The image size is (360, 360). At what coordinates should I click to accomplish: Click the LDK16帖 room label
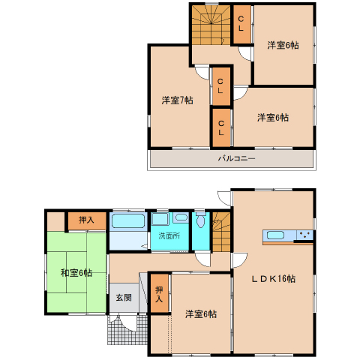coord(273,278)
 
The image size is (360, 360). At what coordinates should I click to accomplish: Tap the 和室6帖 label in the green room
coord(76,272)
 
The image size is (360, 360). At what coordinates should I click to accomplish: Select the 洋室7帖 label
coord(177,100)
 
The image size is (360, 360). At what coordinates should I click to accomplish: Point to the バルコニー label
coord(236,158)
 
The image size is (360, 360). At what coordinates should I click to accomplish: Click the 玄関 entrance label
coord(124,298)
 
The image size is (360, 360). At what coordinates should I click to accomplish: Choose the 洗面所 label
coord(169,235)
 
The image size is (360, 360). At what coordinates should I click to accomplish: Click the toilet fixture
coord(200,220)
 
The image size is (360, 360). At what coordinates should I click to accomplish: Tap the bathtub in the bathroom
coord(128,220)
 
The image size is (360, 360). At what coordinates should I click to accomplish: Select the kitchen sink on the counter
coord(275,235)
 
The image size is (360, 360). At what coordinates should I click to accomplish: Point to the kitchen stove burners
coord(304,235)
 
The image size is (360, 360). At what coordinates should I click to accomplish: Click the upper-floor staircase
coord(211,25)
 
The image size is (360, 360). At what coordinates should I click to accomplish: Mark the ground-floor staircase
coord(221,232)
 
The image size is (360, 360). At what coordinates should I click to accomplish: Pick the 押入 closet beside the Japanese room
coord(86,220)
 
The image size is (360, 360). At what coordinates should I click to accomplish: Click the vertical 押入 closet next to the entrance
coord(159,293)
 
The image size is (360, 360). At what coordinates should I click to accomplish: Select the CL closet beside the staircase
coord(241,24)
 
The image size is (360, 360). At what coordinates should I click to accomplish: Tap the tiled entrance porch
coord(127,329)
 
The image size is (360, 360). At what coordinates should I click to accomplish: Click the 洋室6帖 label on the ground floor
coord(201,314)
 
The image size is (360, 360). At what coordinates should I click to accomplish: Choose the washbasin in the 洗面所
coord(181,217)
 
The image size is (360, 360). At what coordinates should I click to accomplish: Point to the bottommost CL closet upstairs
coord(221,127)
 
